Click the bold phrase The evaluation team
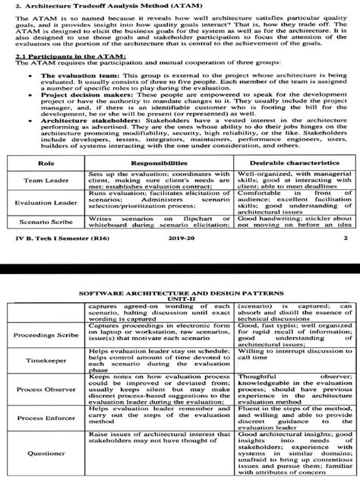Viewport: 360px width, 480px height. click(x=68, y=76)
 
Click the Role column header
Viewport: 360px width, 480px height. click(x=46, y=163)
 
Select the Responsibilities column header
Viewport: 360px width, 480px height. click(x=159, y=163)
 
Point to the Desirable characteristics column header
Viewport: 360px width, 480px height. click(x=293, y=163)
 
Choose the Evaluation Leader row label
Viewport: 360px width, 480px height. click(x=46, y=204)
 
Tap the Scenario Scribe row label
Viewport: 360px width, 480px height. click(x=46, y=222)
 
